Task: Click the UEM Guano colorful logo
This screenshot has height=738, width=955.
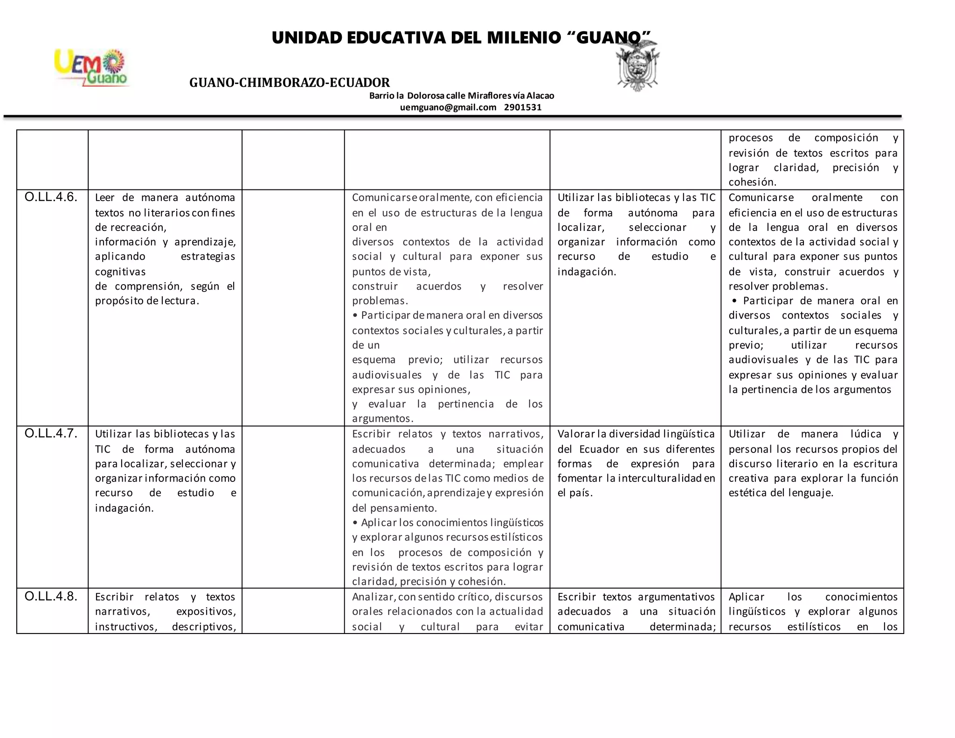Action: point(91,68)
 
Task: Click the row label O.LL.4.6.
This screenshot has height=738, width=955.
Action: point(51,197)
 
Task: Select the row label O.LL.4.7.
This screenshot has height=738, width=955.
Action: point(51,434)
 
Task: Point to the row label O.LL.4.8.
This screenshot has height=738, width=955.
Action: point(51,597)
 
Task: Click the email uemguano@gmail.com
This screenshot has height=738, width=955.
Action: point(448,107)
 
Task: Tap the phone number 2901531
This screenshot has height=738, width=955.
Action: point(523,107)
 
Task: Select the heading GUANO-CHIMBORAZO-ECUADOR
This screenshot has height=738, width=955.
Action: point(289,83)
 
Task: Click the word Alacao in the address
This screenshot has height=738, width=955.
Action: point(540,96)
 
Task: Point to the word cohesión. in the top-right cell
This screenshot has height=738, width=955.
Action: point(752,182)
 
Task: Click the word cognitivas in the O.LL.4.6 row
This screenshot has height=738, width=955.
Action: point(120,272)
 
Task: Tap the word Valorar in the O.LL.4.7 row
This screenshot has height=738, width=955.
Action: point(576,434)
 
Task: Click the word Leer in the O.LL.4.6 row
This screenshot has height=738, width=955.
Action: point(105,197)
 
